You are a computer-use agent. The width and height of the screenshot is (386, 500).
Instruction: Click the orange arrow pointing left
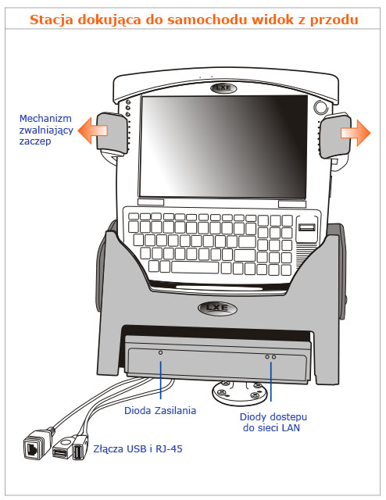click(92, 130)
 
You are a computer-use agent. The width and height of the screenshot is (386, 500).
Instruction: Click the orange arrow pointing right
click(356, 133)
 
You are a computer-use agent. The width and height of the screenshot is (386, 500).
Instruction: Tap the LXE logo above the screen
click(223, 87)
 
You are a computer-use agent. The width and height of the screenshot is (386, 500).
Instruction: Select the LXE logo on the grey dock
click(217, 308)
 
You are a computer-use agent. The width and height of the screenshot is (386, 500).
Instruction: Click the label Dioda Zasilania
click(160, 410)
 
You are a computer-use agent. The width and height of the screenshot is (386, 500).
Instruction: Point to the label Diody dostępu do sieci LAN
click(273, 422)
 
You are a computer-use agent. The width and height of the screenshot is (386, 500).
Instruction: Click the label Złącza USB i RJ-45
click(138, 449)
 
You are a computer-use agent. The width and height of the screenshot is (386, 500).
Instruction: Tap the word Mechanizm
click(45, 119)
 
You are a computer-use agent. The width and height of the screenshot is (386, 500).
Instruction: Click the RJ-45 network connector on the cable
click(37, 445)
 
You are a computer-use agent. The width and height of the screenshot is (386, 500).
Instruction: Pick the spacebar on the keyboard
click(195, 267)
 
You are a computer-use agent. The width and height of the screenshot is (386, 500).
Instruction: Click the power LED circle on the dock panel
click(160, 352)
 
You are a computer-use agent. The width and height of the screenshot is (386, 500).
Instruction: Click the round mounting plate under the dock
click(239, 391)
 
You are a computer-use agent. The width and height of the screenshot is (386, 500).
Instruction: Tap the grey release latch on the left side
click(112, 131)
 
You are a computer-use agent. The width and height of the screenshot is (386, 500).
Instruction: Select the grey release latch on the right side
click(335, 135)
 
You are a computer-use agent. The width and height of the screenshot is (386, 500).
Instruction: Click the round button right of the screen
click(320, 107)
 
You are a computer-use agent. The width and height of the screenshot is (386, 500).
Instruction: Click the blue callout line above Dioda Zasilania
click(161, 380)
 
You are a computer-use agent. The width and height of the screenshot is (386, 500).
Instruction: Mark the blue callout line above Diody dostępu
click(271, 382)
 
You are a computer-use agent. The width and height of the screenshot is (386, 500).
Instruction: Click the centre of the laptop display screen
click(223, 147)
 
